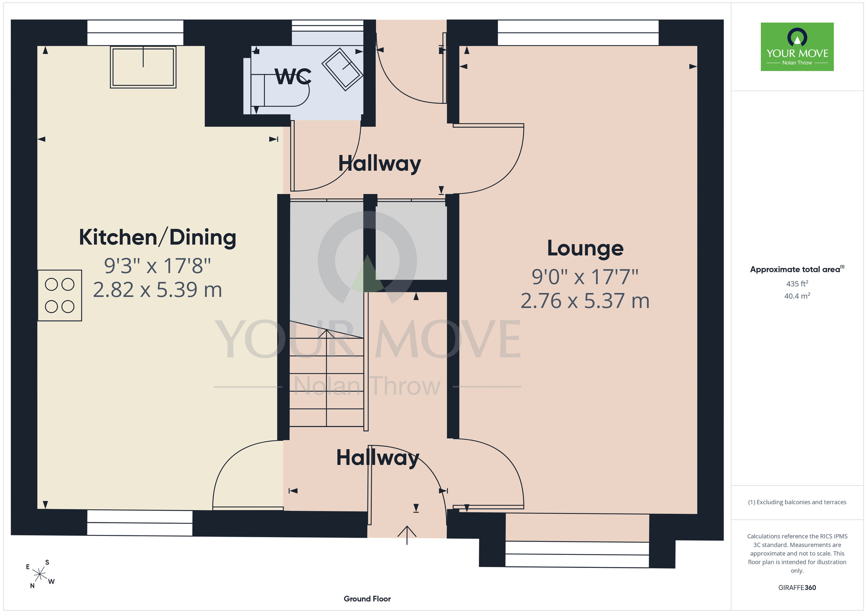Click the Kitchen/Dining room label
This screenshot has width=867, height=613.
pyautogui.click(x=157, y=238)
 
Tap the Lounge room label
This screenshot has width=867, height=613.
pyautogui.click(x=585, y=248)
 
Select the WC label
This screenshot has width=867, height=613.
pyautogui.click(x=293, y=77)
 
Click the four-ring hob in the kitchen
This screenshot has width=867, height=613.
pyautogui.click(x=60, y=295)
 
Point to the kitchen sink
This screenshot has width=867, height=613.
pyautogui.click(x=143, y=67)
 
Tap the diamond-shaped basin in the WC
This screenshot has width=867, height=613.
pyautogui.click(x=342, y=69)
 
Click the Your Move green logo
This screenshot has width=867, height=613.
pyautogui.click(x=797, y=47)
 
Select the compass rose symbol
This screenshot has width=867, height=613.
pyautogui.click(x=40, y=574)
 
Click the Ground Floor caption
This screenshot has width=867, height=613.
pyautogui.click(x=367, y=599)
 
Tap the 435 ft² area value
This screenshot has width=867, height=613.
pyautogui.click(x=797, y=284)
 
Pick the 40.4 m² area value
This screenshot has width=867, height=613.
pyautogui.click(x=797, y=296)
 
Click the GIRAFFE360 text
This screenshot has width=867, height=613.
pyautogui.click(x=797, y=588)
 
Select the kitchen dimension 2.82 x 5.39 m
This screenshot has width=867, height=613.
pyautogui.click(x=157, y=290)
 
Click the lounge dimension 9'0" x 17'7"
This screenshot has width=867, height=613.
pyautogui.click(x=585, y=277)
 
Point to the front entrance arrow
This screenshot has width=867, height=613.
pyautogui.click(x=407, y=535)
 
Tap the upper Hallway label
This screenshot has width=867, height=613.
pyautogui.click(x=380, y=164)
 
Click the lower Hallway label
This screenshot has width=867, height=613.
pyautogui.click(x=378, y=458)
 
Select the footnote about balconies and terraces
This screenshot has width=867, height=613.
pyautogui.click(x=797, y=502)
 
